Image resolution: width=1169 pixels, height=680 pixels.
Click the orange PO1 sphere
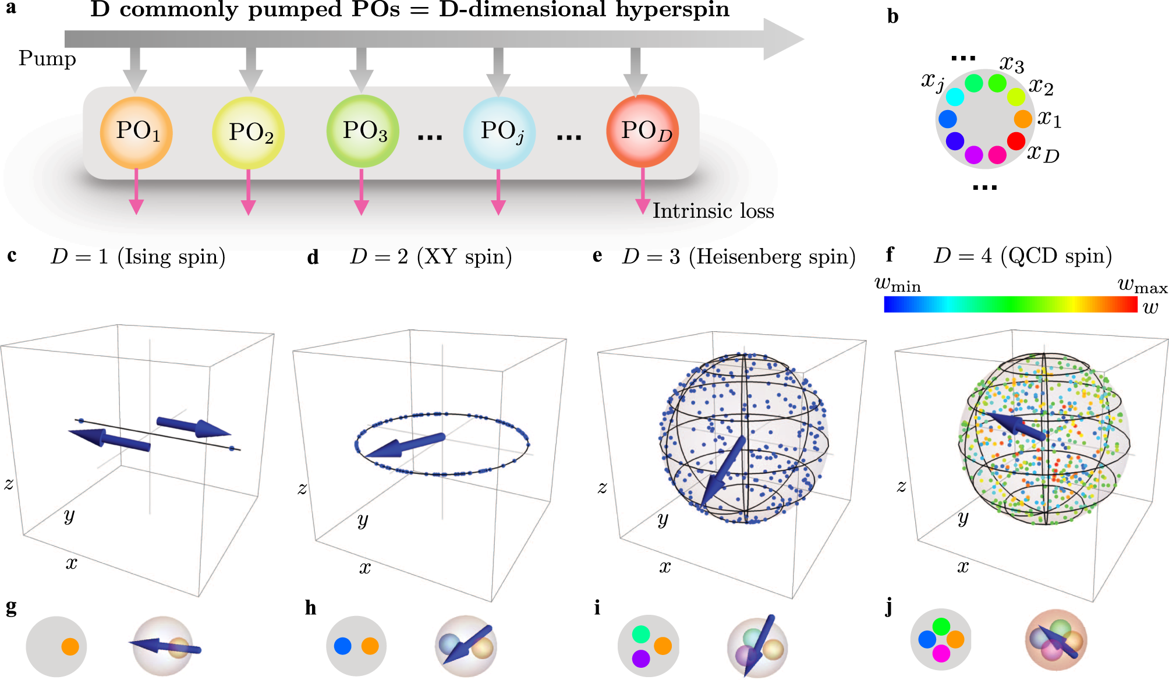[x=136, y=133]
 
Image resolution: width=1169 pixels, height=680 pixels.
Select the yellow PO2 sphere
[x=249, y=133]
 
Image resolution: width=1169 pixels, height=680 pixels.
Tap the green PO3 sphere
[x=362, y=132]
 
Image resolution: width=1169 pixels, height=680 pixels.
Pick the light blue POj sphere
[x=499, y=133]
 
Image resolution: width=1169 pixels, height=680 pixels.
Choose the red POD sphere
[x=643, y=132]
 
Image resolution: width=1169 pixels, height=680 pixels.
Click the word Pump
[x=47, y=59]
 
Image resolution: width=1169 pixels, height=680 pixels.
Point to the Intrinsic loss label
[x=713, y=211]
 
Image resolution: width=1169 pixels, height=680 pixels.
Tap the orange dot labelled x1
[x=1023, y=119]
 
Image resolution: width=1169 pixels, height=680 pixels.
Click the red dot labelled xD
[x=1016, y=141]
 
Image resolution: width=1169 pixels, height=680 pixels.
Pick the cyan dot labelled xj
[x=955, y=96]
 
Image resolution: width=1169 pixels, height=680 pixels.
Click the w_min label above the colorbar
[x=898, y=285]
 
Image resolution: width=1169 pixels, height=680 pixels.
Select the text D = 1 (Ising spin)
[x=138, y=257]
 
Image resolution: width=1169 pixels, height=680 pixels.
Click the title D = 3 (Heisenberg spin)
[x=739, y=257]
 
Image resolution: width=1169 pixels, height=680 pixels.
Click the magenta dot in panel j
[x=941, y=654]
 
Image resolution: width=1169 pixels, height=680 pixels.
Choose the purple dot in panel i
[x=641, y=658]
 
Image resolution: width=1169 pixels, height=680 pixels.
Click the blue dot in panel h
[x=343, y=646]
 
